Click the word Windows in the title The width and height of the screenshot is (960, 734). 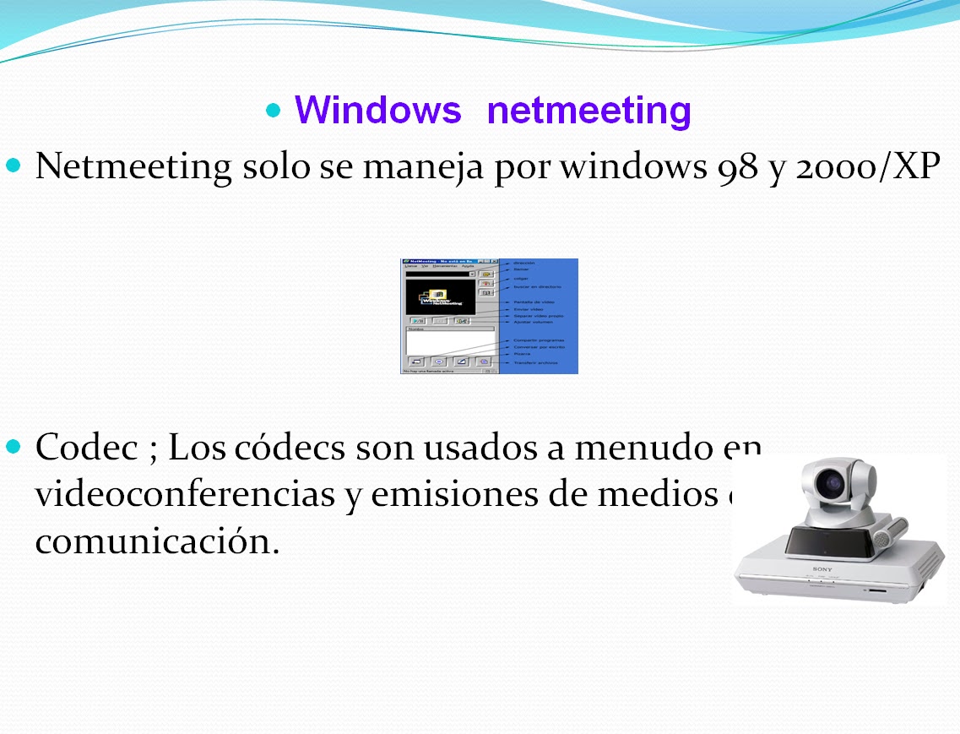coord(377,111)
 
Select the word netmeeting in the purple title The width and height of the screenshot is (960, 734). coord(589,111)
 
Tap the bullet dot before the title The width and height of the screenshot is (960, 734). coord(273,111)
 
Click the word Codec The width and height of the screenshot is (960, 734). coord(86,447)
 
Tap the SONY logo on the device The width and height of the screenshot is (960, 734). coord(822,569)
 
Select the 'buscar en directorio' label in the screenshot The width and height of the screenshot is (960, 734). coord(537,287)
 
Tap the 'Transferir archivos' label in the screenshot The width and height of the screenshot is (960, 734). coord(535,363)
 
